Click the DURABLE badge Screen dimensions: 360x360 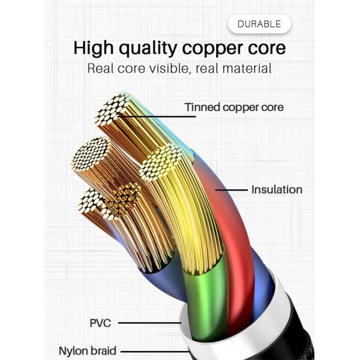click(x=259, y=24)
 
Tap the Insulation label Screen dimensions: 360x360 click(x=277, y=190)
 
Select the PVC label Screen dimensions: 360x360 click(x=100, y=323)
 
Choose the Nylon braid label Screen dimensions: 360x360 click(x=88, y=350)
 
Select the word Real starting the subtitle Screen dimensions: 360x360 click(x=102, y=68)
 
